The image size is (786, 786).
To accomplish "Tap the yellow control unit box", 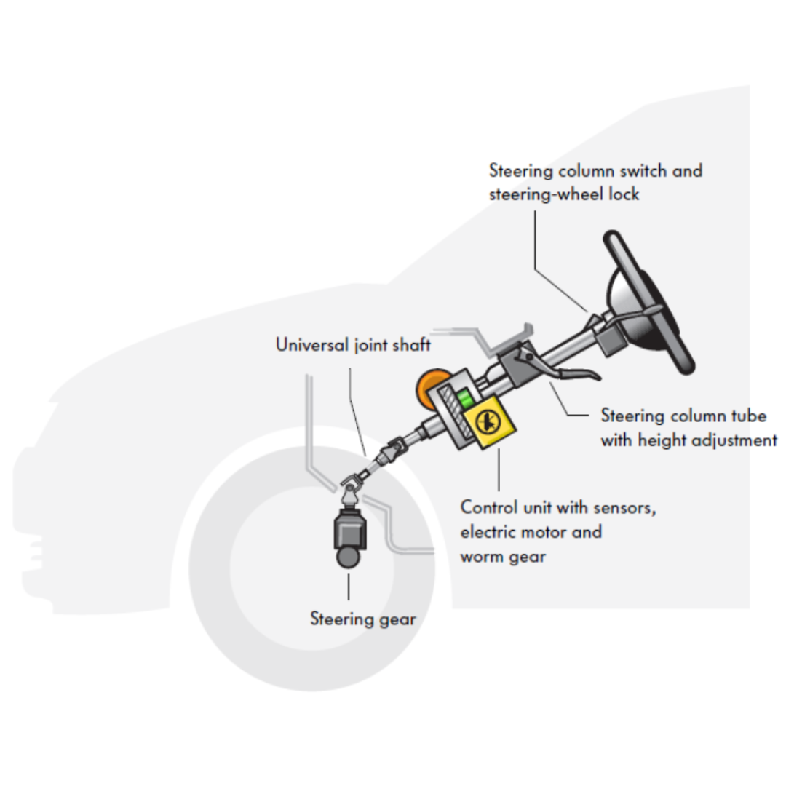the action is pyautogui.click(x=489, y=422).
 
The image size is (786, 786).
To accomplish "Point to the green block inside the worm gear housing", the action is pyautogui.click(x=465, y=399).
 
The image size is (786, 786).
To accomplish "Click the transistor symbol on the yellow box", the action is pyautogui.click(x=487, y=421).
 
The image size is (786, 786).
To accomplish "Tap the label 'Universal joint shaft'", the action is pyautogui.click(x=353, y=345).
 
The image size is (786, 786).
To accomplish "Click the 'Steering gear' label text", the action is pyautogui.click(x=363, y=619).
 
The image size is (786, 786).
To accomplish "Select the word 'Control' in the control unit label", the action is pyautogui.click(x=489, y=507).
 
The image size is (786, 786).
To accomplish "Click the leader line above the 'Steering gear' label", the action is pyautogui.click(x=349, y=587).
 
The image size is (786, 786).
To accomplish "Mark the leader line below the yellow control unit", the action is pyautogui.click(x=499, y=469).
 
